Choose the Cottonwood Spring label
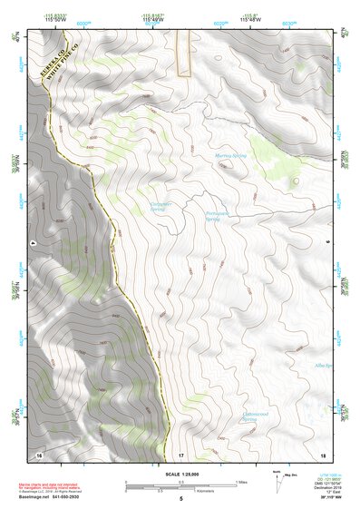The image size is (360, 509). click(255, 416)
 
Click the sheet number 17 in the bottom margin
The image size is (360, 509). click(180, 453)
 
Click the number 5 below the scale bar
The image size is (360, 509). click(180, 499)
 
